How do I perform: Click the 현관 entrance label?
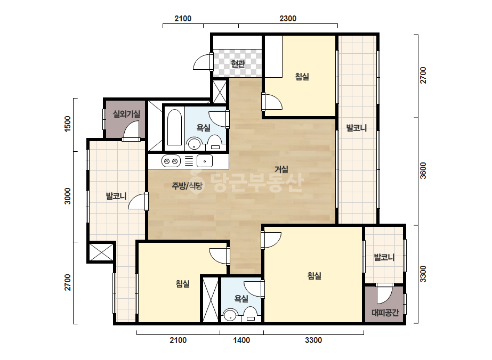pyautogui.click(x=238, y=64)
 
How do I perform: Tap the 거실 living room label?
pyautogui.click(x=281, y=169)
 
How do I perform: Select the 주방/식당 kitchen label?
pyautogui.click(x=187, y=186)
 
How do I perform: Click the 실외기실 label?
pyautogui.click(x=126, y=114)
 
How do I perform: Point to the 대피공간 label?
pyautogui.click(x=385, y=312)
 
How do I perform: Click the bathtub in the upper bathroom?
pyautogui.click(x=174, y=127)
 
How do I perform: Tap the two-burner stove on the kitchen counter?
pyautogui.click(x=171, y=161)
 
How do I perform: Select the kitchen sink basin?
pyautogui.click(x=205, y=161)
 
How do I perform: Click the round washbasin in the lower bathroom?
pyautogui.click(x=230, y=315)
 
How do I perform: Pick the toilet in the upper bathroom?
pyautogui.click(x=215, y=143)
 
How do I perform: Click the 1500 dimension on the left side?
pyautogui.click(x=68, y=124)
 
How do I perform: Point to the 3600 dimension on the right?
pyautogui.click(x=423, y=170)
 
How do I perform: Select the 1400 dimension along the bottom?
pyautogui.click(x=241, y=340)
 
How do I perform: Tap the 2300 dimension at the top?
pyautogui.click(x=288, y=19)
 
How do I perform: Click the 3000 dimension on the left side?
pyautogui.click(x=68, y=197)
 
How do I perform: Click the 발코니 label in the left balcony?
pyautogui.click(x=116, y=197)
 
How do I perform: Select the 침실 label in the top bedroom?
pyautogui.click(x=302, y=77)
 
